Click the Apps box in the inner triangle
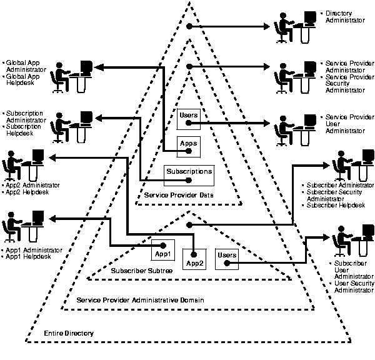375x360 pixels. tap(189, 146)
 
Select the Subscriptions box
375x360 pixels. tap(189, 175)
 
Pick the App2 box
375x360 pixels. tap(194, 259)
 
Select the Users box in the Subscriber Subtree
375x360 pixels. tap(226, 259)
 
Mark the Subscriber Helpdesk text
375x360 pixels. tap(337, 206)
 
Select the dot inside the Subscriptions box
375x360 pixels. tap(189, 181)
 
